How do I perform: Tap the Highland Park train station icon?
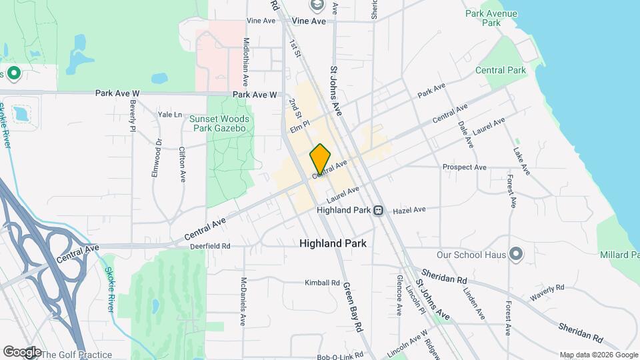tap(378, 210)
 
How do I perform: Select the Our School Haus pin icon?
tap(515, 253)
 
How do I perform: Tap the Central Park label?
tap(501, 70)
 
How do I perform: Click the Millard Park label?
tap(619, 255)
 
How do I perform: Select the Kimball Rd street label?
tap(322, 283)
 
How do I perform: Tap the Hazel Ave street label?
tap(409, 210)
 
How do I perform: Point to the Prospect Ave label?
tap(465, 167)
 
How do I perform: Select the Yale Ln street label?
tap(170, 115)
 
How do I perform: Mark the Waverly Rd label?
tap(547, 291)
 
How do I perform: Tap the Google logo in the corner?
tap(21, 351)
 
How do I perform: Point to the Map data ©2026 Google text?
tap(599, 355)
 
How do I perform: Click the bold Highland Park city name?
tap(333, 244)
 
